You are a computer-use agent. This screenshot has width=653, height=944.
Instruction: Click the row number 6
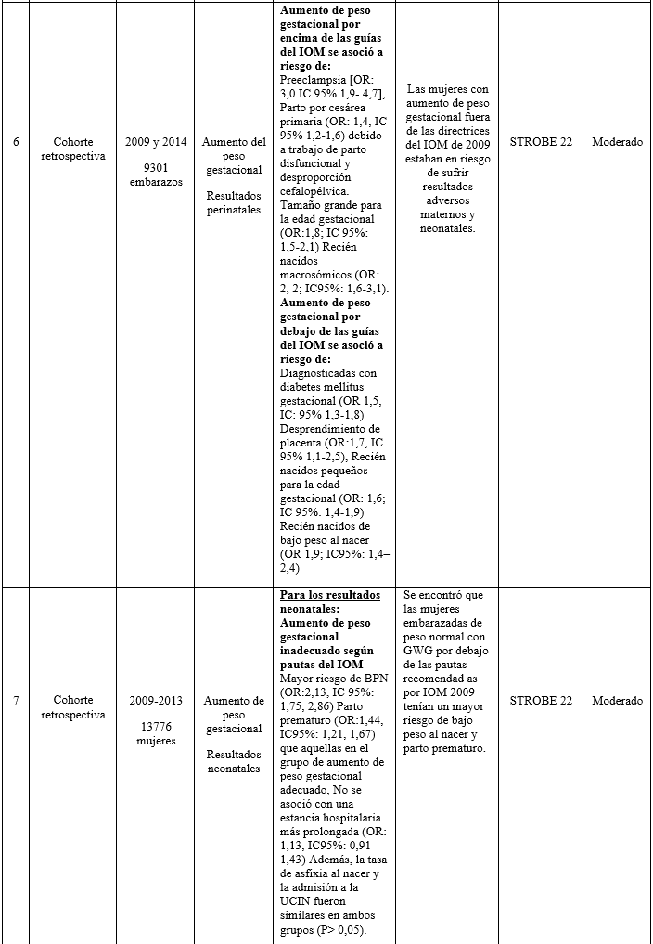[x=16, y=143]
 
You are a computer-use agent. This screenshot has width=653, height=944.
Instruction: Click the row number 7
[x=16, y=701]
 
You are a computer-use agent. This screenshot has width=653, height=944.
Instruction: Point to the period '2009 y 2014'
[x=156, y=142]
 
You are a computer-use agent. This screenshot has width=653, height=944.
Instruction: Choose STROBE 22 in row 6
[x=541, y=143]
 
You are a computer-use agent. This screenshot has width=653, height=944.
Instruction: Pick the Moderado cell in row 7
[x=617, y=701]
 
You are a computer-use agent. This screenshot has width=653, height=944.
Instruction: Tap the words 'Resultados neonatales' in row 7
[x=234, y=761]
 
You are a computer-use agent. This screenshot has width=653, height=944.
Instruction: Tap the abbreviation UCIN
[x=297, y=903]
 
